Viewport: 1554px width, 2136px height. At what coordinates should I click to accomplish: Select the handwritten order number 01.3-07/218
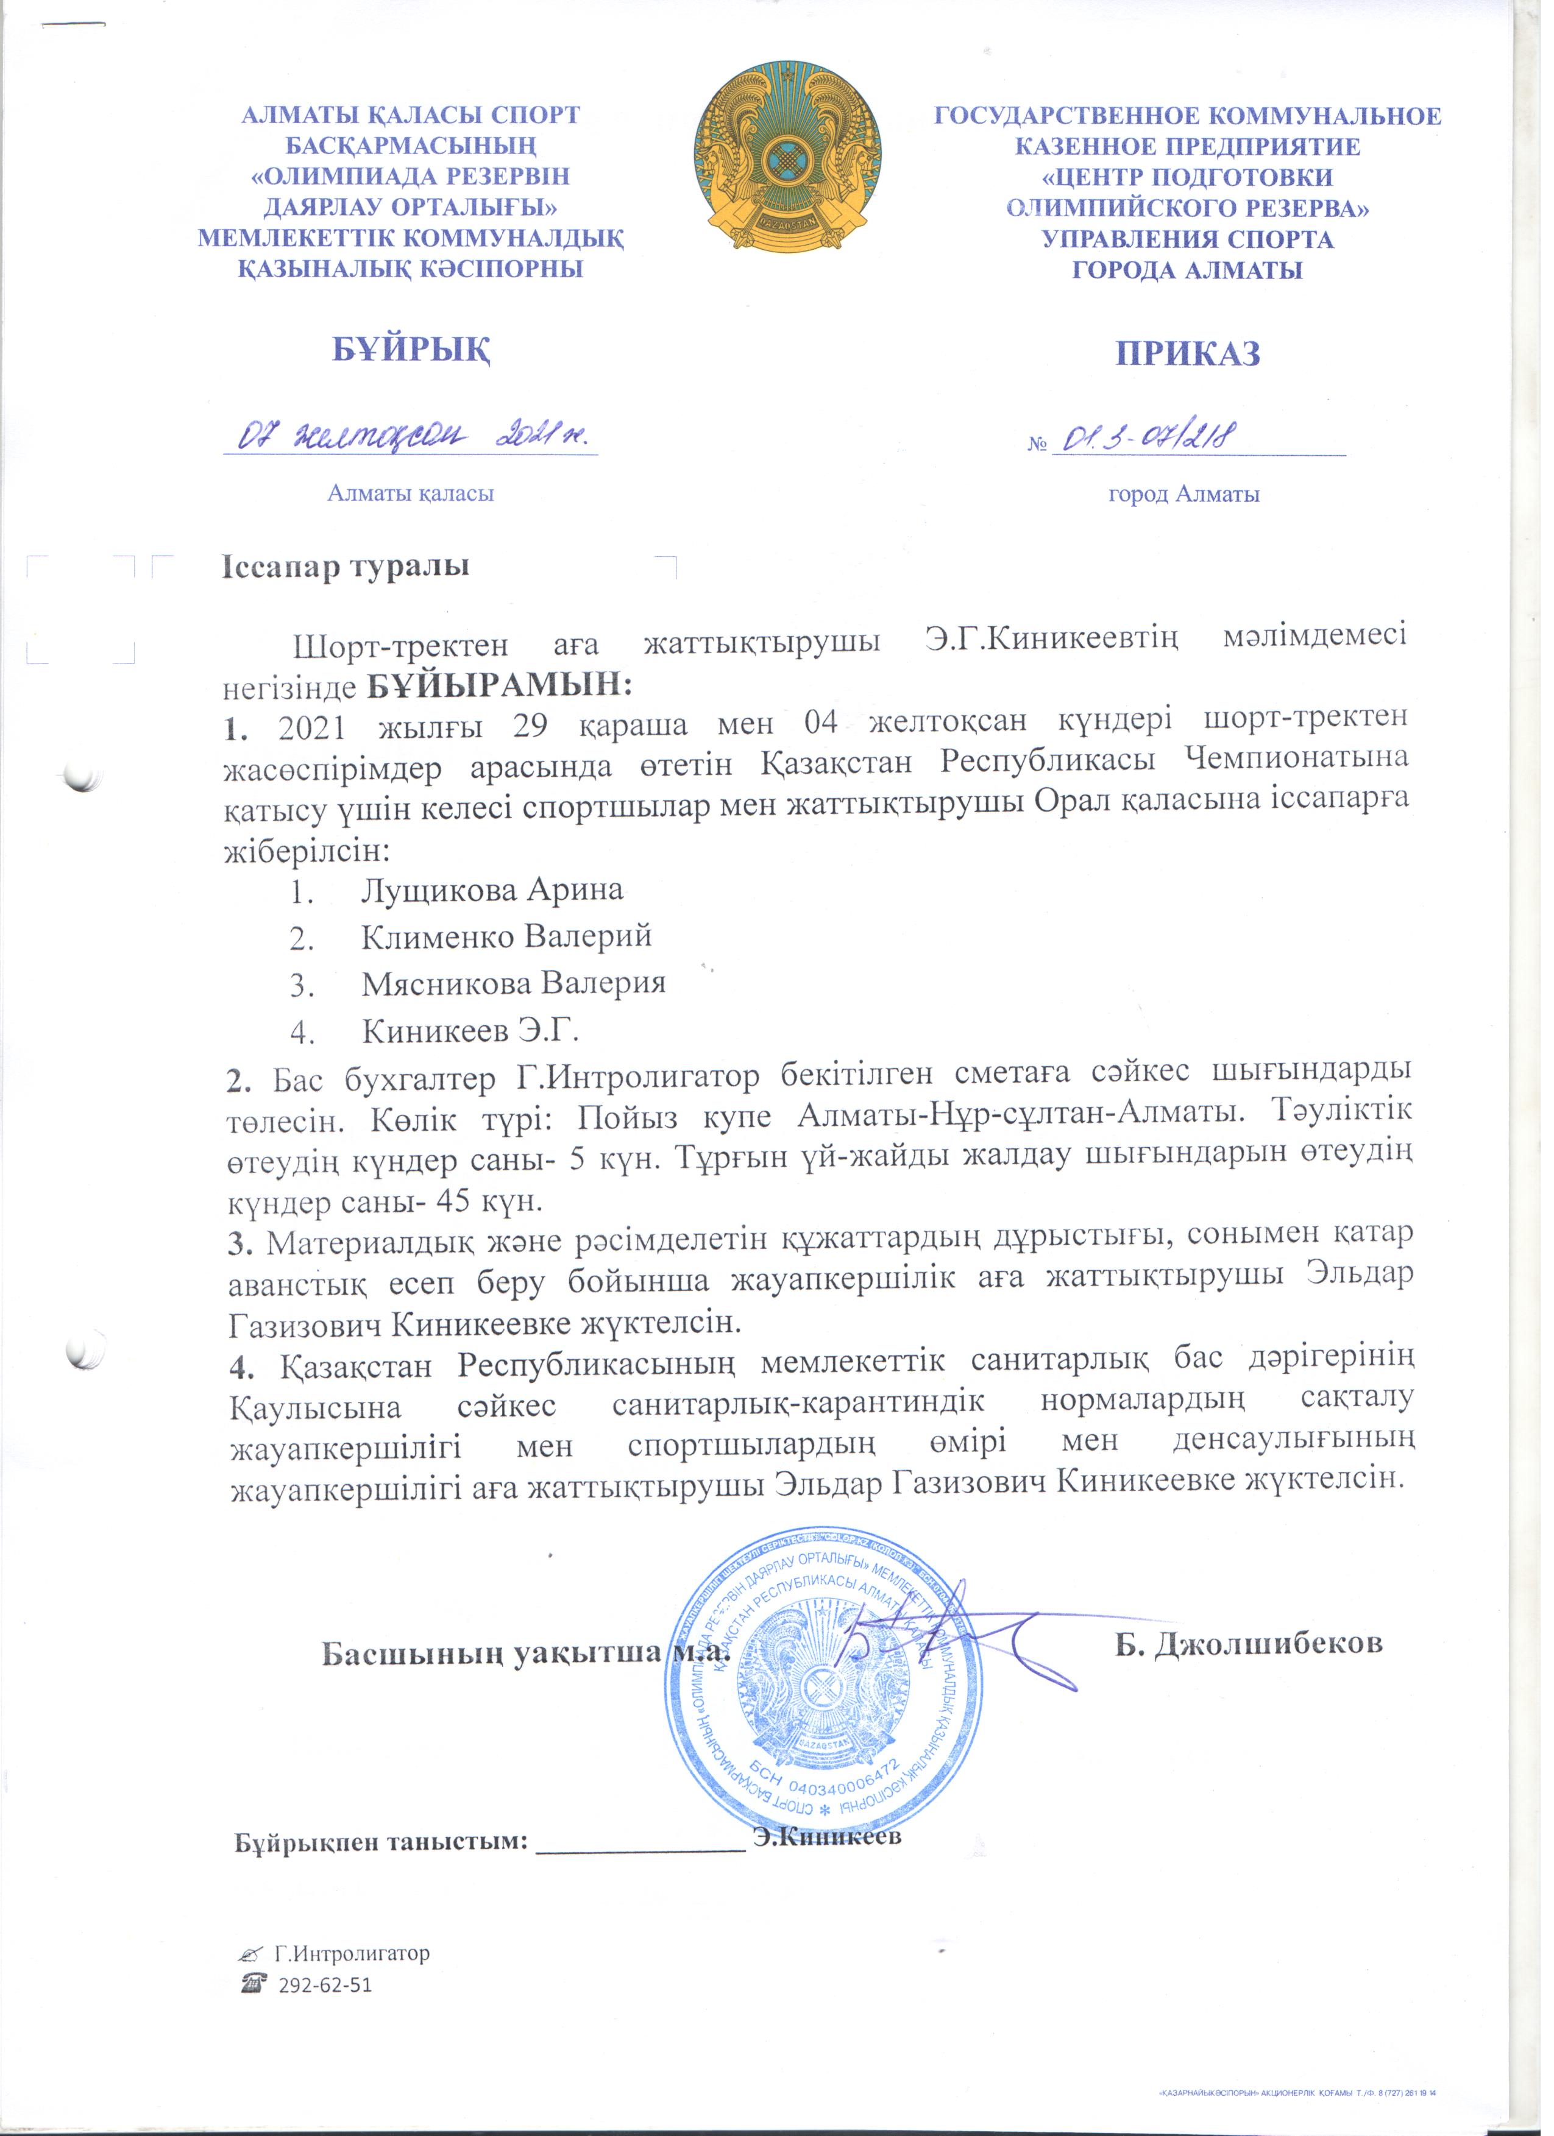[1151, 437]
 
